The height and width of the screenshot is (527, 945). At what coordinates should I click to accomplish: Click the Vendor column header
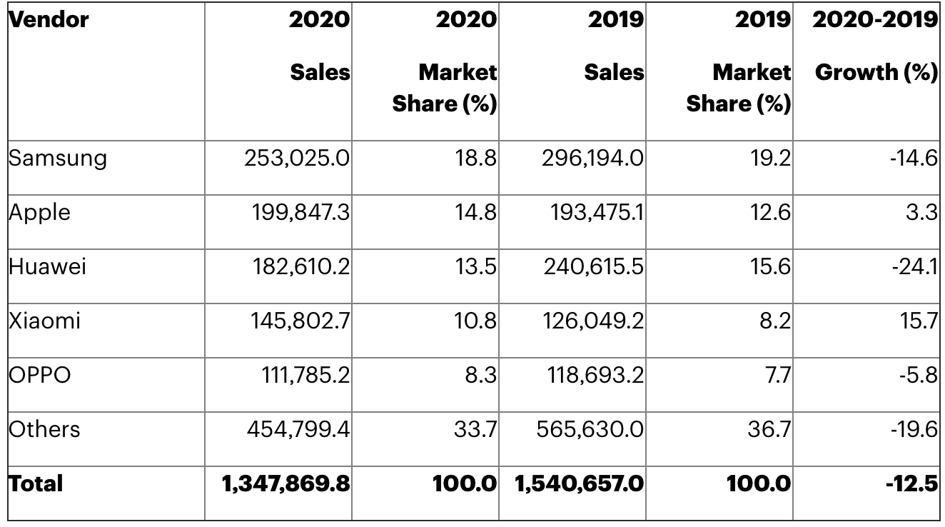coord(49,20)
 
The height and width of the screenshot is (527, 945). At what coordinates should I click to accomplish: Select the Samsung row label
coord(57,158)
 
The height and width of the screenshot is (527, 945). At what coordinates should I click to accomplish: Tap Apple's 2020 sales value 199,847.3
coord(300,212)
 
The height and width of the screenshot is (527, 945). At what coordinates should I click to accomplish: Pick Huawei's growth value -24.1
coord(913,266)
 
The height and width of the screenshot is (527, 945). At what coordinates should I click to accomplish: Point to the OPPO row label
coord(40,375)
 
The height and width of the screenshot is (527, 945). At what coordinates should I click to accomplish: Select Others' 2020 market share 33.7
coord(476,429)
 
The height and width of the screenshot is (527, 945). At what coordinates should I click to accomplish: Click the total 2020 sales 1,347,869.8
coord(286,483)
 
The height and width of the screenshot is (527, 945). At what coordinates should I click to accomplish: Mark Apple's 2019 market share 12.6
coord(770,212)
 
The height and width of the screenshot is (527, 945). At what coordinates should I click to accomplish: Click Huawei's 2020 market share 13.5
coord(476,266)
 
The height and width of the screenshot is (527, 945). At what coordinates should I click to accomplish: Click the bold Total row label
coord(36,483)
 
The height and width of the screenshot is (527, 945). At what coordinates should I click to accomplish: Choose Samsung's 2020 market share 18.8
coord(476,158)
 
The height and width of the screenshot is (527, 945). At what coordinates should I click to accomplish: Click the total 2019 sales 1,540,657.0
coord(580,483)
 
